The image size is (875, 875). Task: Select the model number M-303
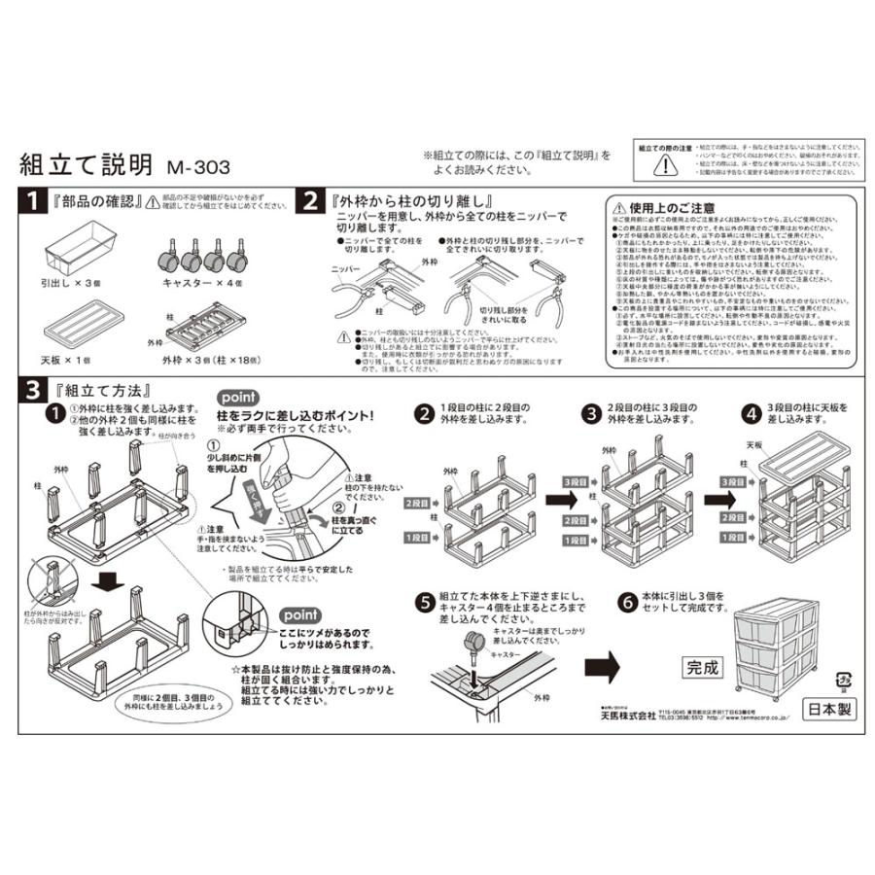click(x=198, y=167)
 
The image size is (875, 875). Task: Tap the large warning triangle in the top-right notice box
click(x=661, y=164)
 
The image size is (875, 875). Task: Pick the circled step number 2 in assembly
click(x=424, y=413)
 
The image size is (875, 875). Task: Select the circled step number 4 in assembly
click(x=751, y=413)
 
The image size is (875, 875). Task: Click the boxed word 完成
click(x=705, y=668)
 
